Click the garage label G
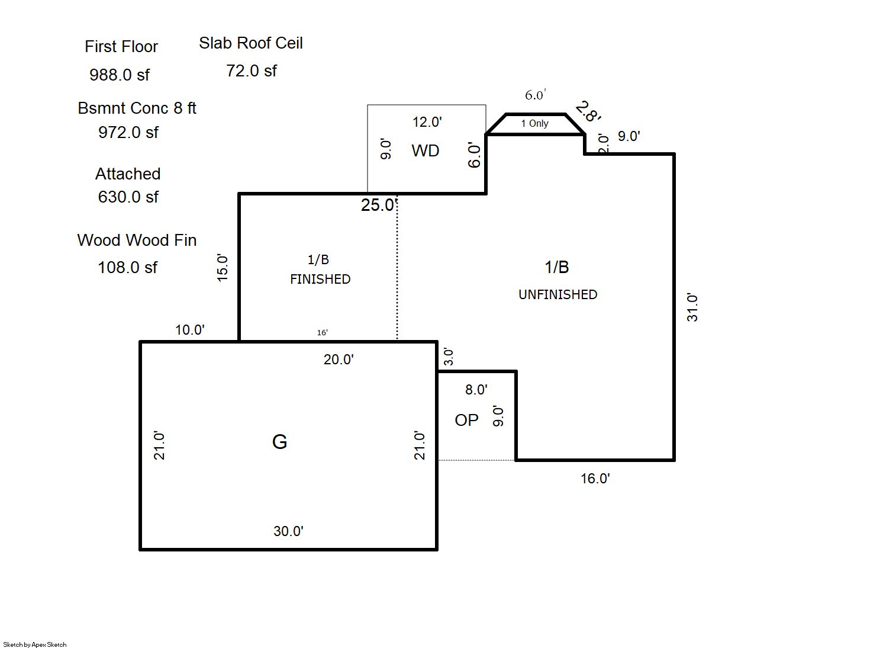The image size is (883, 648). (279, 441)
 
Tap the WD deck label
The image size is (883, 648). (426, 150)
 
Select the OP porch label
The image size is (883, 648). (466, 420)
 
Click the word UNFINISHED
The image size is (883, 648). (557, 294)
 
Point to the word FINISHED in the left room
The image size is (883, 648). (320, 279)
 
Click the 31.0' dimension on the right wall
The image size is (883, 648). (692, 307)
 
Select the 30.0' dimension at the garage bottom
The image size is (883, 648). (288, 531)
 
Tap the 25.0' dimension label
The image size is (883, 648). (378, 205)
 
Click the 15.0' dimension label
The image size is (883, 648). (222, 267)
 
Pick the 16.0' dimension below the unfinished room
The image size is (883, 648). (595, 479)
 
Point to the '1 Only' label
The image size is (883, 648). (534, 124)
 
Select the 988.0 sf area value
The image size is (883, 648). (120, 75)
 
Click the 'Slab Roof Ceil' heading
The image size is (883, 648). (251, 43)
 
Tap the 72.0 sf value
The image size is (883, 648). (252, 71)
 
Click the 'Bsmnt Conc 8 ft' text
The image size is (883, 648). (137, 108)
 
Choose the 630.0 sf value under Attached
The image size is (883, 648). (128, 197)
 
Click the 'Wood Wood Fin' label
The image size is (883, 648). (137, 240)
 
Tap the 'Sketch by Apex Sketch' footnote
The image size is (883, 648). (35, 644)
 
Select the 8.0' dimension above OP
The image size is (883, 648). (476, 390)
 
